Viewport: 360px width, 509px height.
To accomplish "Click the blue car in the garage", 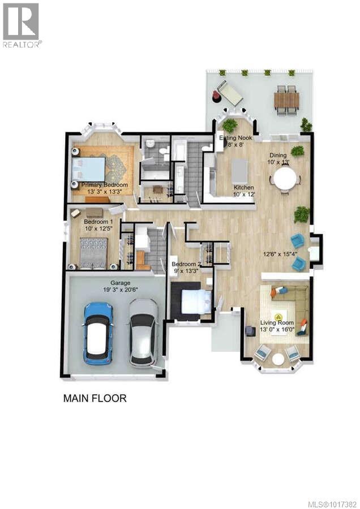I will [x=98, y=333].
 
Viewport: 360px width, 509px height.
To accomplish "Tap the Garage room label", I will [x=105, y=283].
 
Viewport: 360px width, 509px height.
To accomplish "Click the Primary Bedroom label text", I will [x=104, y=185].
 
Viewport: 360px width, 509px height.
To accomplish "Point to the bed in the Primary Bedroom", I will [x=89, y=169].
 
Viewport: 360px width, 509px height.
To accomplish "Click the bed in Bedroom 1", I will [x=93, y=252].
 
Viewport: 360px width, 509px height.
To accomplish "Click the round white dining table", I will [x=285, y=180].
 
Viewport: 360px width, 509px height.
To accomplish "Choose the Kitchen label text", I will [x=244, y=188].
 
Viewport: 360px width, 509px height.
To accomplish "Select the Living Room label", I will [x=277, y=323].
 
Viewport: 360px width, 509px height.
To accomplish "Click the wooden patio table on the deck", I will [x=286, y=100].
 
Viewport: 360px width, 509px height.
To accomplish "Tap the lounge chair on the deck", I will [x=230, y=93].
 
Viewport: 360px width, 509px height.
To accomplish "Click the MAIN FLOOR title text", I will [x=95, y=398].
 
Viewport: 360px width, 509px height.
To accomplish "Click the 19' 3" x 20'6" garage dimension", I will [x=105, y=290].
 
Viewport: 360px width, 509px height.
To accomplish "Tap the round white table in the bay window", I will [x=278, y=359].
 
